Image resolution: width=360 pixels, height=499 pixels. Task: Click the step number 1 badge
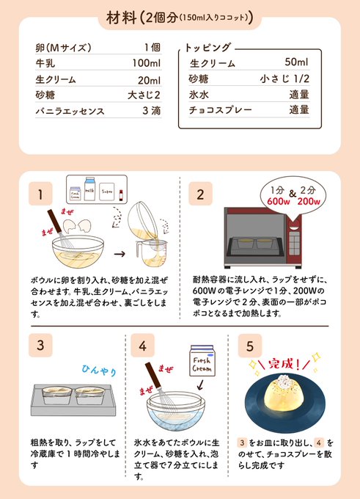pyautogui.click(x=40, y=194)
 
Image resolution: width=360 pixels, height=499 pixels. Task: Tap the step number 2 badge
pyautogui.click(x=200, y=194)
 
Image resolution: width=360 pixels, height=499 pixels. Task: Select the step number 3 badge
pyautogui.click(x=40, y=346)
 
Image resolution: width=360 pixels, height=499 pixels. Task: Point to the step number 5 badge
pyautogui.click(x=250, y=346)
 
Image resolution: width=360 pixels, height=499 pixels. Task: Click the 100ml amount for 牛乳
pyautogui.click(x=147, y=63)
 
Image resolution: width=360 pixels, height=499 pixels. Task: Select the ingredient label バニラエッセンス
pyautogui.click(x=70, y=111)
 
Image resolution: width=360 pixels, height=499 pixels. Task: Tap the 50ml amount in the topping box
pyautogui.click(x=296, y=62)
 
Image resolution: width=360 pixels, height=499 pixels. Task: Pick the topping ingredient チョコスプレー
pyautogui.click(x=221, y=110)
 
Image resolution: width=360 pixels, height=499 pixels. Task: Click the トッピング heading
pyautogui.click(x=207, y=48)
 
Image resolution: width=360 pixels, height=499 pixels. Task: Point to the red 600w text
pyautogui.click(x=279, y=202)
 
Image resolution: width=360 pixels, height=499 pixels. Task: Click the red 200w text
pyautogui.click(x=309, y=202)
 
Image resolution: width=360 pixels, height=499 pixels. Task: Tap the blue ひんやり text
pyautogui.click(x=99, y=370)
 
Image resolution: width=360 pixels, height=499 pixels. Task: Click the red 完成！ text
pyautogui.click(x=284, y=364)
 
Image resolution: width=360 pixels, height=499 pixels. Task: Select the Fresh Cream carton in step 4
pyautogui.click(x=202, y=361)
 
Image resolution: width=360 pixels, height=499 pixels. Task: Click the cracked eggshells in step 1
pyautogui.click(x=78, y=226)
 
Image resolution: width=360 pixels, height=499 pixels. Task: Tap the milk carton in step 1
pyautogui.click(x=90, y=189)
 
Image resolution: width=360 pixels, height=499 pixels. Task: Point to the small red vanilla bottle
pyautogui.click(x=121, y=194)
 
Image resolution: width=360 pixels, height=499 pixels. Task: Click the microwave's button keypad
pyautogui.click(x=294, y=244)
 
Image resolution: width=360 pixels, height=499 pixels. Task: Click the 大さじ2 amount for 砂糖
pyautogui.click(x=144, y=95)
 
